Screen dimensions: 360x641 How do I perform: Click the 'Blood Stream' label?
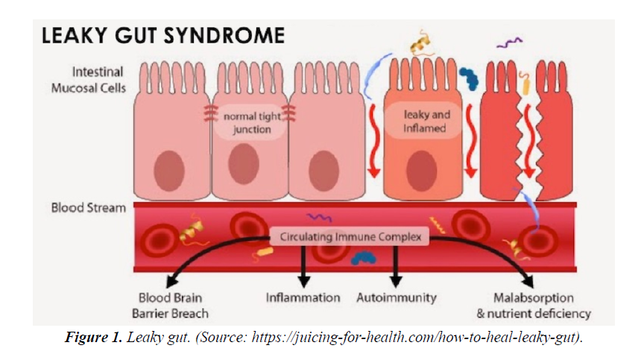(x=88, y=208)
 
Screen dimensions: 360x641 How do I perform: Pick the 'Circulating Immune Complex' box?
(x=350, y=238)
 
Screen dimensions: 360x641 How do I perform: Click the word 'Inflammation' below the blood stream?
(x=303, y=298)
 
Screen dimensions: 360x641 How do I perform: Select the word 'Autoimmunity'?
(x=397, y=298)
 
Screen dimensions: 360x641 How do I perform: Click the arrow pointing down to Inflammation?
(x=303, y=268)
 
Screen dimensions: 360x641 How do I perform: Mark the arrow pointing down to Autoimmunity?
(x=396, y=268)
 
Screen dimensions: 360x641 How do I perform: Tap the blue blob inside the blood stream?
(x=363, y=258)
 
